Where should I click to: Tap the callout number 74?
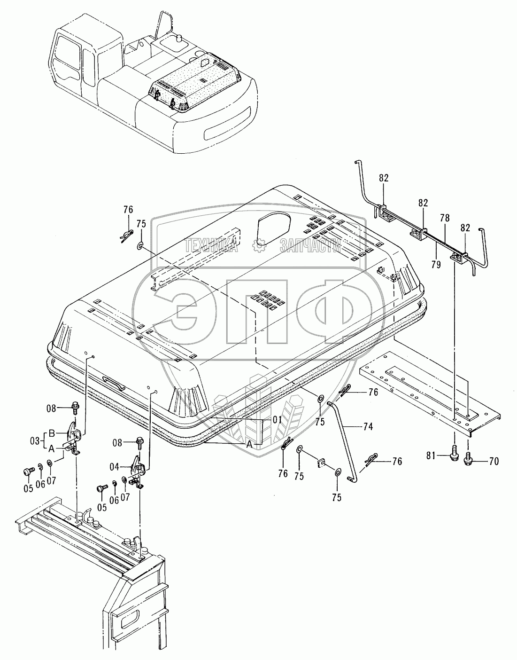368,427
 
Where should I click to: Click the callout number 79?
436,265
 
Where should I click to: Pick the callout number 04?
115,466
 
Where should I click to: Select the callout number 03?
35,440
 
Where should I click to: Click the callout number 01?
277,420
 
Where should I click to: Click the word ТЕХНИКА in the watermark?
212,245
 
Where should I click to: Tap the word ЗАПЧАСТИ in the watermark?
310,245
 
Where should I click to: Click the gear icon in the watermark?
258,245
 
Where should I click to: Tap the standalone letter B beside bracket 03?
52,433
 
